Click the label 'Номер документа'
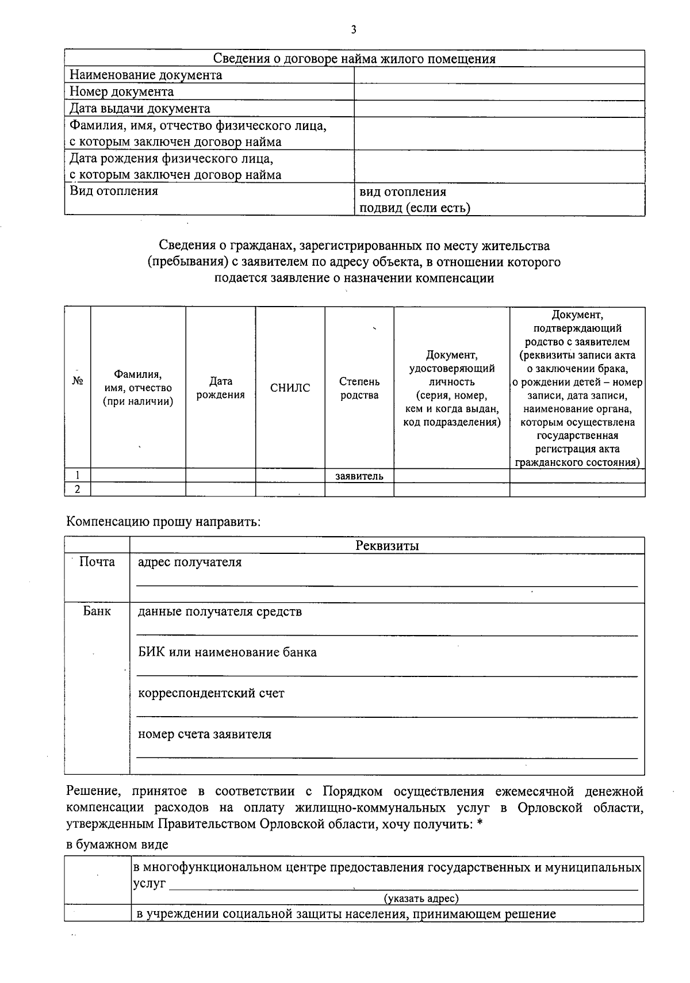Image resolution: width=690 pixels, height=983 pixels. [121, 92]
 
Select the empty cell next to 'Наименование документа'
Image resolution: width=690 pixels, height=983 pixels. [499, 75]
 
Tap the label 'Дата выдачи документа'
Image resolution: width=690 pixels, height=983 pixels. [140, 109]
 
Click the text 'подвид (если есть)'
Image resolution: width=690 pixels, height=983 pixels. [415, 208]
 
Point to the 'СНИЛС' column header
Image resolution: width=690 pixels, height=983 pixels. [290, 388]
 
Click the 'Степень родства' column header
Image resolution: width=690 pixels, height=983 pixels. [359, 388]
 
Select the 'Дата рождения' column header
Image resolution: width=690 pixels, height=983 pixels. [220, 388]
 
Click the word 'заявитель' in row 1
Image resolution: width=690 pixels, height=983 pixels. [359, 476]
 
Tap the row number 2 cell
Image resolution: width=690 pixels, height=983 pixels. [78, 489]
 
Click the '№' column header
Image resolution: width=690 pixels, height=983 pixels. [78, 381]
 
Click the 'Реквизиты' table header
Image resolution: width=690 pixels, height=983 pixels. [387, 546]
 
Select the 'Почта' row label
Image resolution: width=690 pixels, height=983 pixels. [97, 562]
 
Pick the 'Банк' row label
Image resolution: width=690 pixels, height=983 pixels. [97, 611]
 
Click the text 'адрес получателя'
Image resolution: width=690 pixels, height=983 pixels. [190, 563]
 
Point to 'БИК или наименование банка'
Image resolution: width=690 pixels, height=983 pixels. [227, 653]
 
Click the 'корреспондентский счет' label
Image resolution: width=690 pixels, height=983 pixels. [211, 694]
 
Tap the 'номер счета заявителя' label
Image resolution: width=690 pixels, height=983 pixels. [204, 735]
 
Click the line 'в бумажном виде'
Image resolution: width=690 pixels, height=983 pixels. [117, 845]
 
